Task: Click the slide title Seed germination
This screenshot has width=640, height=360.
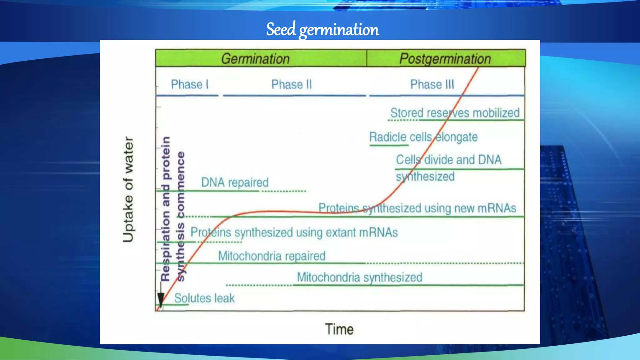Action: click(322, 30)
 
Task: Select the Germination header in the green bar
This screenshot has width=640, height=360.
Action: click(255, 59)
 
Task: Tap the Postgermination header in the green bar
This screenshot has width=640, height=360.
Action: click(445, 59)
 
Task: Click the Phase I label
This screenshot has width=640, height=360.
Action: click(189, 84)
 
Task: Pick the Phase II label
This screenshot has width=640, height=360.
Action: click(291, 84)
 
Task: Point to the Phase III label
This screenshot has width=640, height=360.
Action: click(432, 84)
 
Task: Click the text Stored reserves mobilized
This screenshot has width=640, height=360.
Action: click(455, 113)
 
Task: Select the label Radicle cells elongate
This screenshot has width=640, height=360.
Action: click(423, 137)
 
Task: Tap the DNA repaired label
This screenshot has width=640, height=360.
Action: click(235, 182)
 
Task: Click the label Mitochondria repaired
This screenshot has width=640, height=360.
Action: click(272, 256)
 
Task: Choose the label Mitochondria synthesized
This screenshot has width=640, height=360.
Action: click(359, 277)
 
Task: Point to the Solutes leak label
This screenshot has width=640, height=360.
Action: click(204, 298)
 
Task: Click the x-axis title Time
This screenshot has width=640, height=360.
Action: click(339, 329)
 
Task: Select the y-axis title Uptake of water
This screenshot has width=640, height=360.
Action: click(128, 189)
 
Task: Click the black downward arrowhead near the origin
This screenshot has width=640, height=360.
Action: click(161, 300)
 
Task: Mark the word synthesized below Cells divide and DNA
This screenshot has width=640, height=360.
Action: click(425, 177)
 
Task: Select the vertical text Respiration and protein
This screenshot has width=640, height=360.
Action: click(166, 209)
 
